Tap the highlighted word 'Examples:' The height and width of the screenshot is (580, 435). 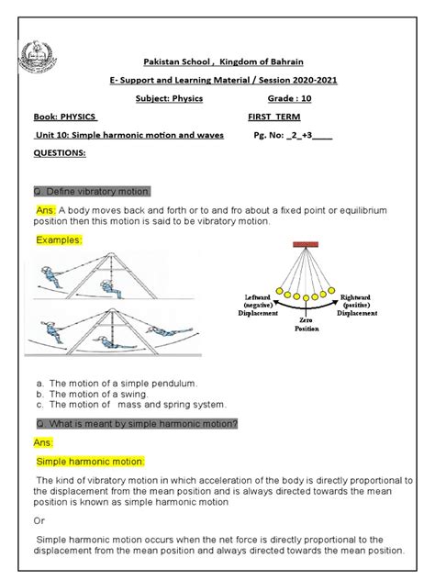pos(59,240)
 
